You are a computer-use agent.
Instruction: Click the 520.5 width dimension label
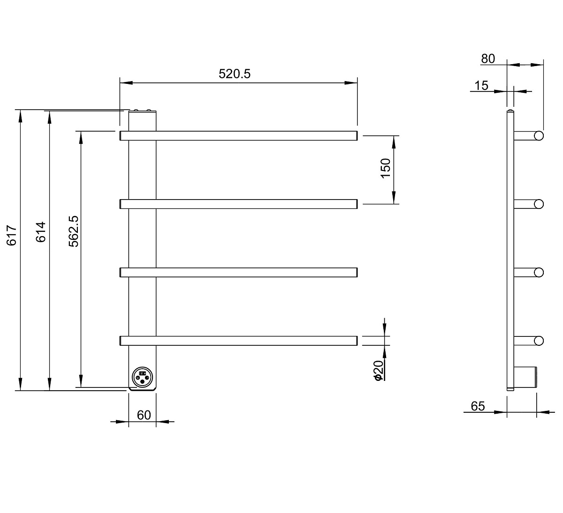tap(235, 74)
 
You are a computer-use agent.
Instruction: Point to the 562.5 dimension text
tap(74, 231)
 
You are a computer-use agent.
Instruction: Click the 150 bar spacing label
tap(386, 168)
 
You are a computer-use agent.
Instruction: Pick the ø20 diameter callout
tap(378, 371)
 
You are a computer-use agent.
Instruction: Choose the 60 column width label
tap(144, 415)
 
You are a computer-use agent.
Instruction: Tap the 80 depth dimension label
tap(488, 59)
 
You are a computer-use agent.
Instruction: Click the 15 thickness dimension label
tap(481, 85)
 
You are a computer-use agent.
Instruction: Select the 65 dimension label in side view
tap(478, 406)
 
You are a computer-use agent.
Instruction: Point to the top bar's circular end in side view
tap(539, 136)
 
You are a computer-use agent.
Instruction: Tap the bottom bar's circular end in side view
tap(539, 341)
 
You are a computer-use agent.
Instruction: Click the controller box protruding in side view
tap(525, 377)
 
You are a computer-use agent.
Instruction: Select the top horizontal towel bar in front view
tap(238, 136)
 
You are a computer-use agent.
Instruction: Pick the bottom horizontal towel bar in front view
tap(238, 341)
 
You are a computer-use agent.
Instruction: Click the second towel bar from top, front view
tap(238, 204)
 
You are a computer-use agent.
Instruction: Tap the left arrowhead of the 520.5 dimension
tap(126, 83)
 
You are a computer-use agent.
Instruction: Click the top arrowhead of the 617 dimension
tap(20, 116)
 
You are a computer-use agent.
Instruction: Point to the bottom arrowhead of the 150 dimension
tap(394, 198)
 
